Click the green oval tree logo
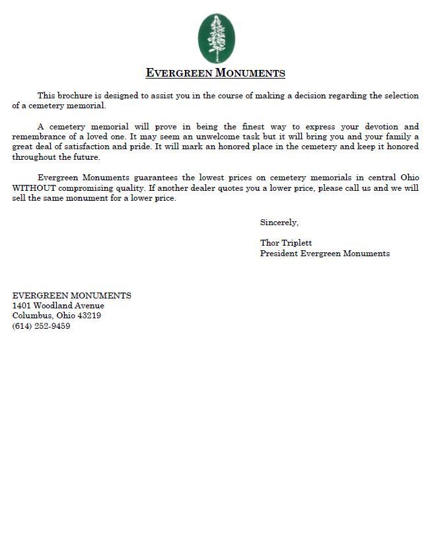(216, 38)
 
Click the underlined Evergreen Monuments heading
(215, 73)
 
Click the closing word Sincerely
(279, 223)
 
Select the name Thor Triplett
(286, 243)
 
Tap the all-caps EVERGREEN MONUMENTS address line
(71, 295)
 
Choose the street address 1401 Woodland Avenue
(58, 306)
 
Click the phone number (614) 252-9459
(41, 326)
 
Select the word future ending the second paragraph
(85, 158)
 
